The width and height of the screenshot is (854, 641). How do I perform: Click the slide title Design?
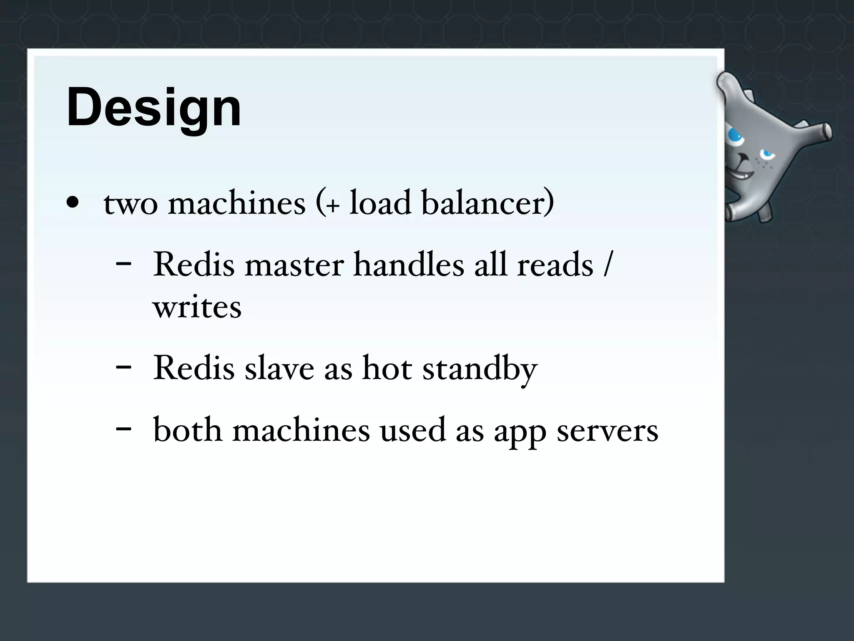[x=153, y=108]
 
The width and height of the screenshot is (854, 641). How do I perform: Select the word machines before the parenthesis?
[x=237, y=203]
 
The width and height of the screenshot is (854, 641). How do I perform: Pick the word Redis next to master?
[x=194, y=265]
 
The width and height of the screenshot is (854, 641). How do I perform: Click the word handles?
[x=409, y=265]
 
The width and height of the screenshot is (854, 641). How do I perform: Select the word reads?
[x=555, y=265]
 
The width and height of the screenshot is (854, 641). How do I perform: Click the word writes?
[x=197, y=308]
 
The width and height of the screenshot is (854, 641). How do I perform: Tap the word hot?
[x=387, y=368]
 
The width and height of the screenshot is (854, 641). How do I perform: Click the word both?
[x=188, y=430]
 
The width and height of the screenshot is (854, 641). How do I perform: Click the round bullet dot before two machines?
[x=73, y=203]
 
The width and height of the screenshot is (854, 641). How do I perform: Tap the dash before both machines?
[x=123, y=429]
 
